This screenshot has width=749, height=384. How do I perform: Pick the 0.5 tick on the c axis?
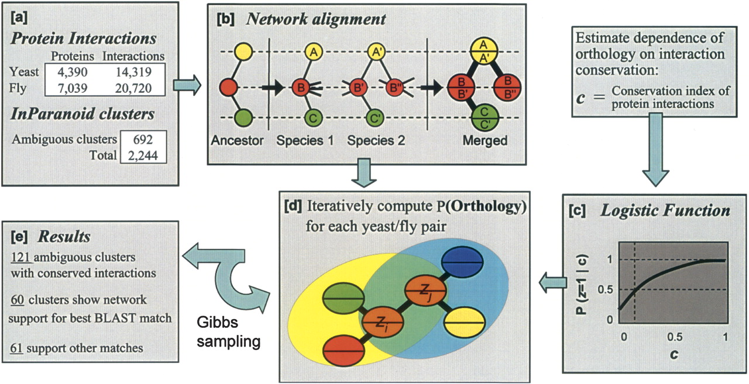(675, 337)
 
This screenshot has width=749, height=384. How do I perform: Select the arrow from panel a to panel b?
(187, 87)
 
